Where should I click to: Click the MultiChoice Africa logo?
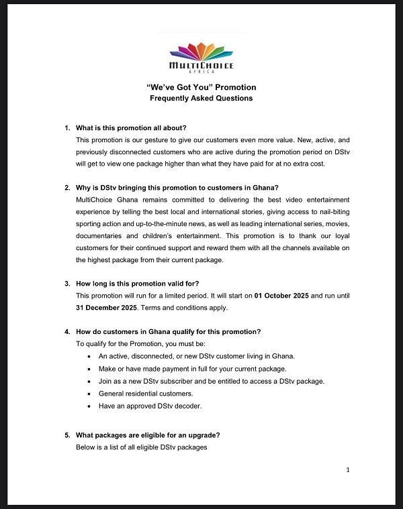coord(201,57)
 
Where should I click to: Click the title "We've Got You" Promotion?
coord(201,87)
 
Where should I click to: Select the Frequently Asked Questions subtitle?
coord(201,98)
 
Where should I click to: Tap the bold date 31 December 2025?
coord(107,308)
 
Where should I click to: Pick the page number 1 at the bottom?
coord(348,470)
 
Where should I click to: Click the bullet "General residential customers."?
coord(146,394)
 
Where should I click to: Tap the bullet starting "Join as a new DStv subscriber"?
coord(212,381)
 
